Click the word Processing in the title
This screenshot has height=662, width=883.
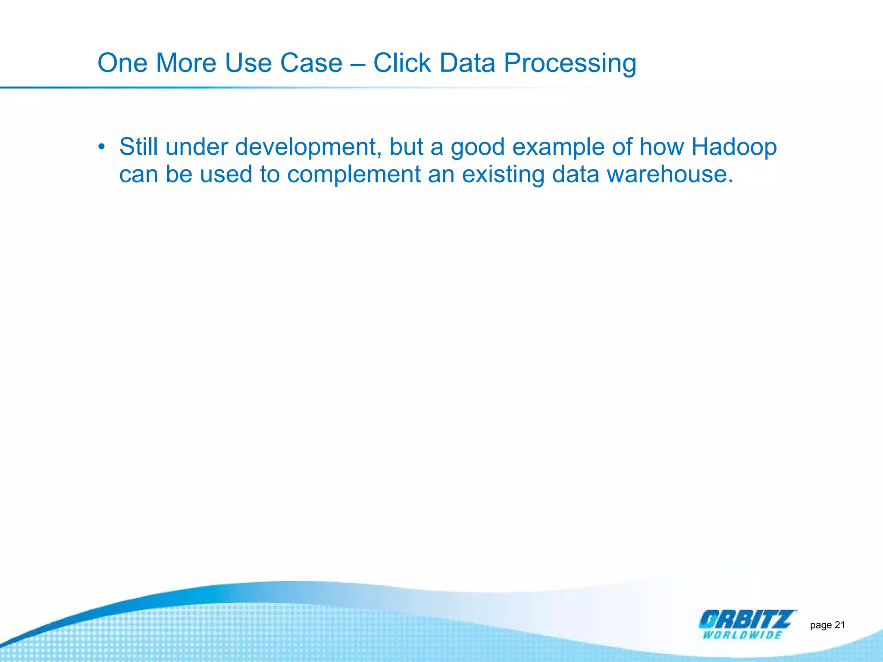tap(570, 63)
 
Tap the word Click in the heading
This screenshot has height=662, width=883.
tap(401, 63)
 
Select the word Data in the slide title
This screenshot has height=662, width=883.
tap(467, 63)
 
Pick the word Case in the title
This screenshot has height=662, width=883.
tap(311, 63)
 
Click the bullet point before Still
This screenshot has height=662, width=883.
tap(101, 147)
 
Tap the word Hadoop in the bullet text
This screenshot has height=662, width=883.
tap(734, 147)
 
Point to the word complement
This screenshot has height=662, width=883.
tap(354, 175)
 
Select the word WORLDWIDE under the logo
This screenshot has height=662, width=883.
tap(742, 635)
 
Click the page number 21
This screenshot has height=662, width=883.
tap(840, 625)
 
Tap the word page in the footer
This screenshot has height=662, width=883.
tap(820, 625)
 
